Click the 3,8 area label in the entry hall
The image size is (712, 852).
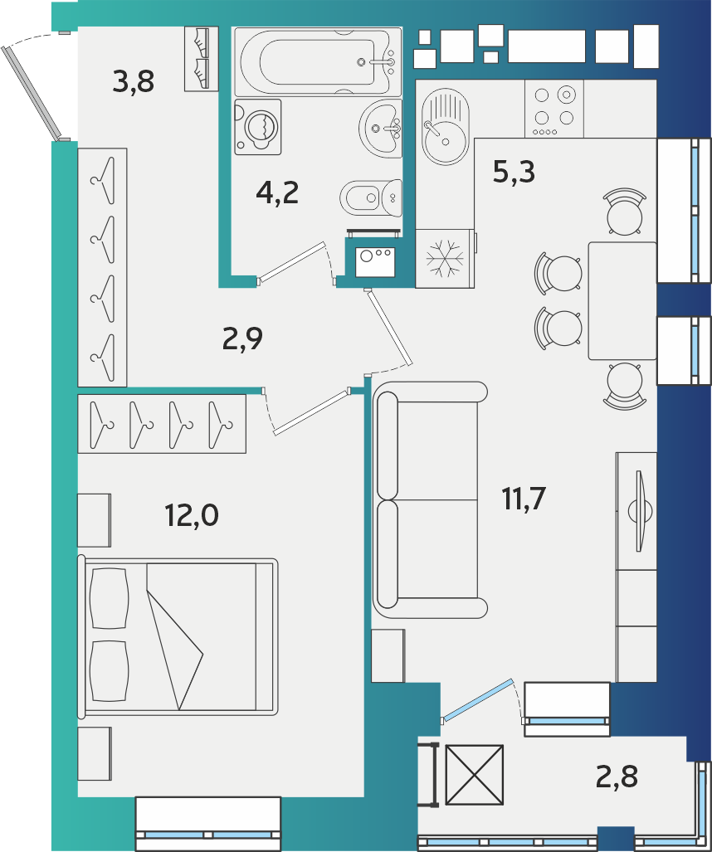click(133, 81)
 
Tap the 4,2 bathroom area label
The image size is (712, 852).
click(277, 193)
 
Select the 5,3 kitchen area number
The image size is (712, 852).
click(514, 172)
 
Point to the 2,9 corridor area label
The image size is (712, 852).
click(242, 338)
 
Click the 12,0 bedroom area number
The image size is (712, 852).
click(192, 514)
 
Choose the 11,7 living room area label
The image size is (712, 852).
click(524, 499)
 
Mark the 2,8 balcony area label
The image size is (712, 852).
click(617, 777)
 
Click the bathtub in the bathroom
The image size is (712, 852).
click(319, 62)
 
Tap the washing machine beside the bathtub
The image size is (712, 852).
click(258, 127)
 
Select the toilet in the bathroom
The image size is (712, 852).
click(371, 197)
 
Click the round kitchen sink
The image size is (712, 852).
click(445, 127)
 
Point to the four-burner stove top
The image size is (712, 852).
click(554, 109)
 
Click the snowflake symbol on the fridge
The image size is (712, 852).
click(445, 257)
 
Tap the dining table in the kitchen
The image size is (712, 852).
click(623, 300)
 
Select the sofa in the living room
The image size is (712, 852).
click(430, 500)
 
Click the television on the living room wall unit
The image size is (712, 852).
click(640, 511)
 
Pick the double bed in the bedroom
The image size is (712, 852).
click(178, 636)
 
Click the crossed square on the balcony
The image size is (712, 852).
click(475, 774)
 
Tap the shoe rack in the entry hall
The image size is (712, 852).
click(201, 59)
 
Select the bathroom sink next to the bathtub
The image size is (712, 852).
click(380, 129)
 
